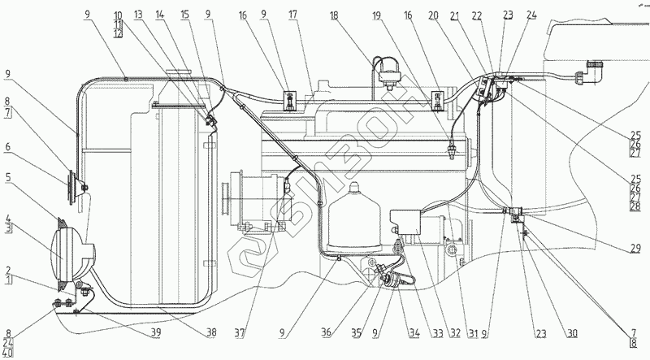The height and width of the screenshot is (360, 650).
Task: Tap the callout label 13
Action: click(139, 15)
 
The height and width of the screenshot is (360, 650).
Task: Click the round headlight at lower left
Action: click(70, 258)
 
